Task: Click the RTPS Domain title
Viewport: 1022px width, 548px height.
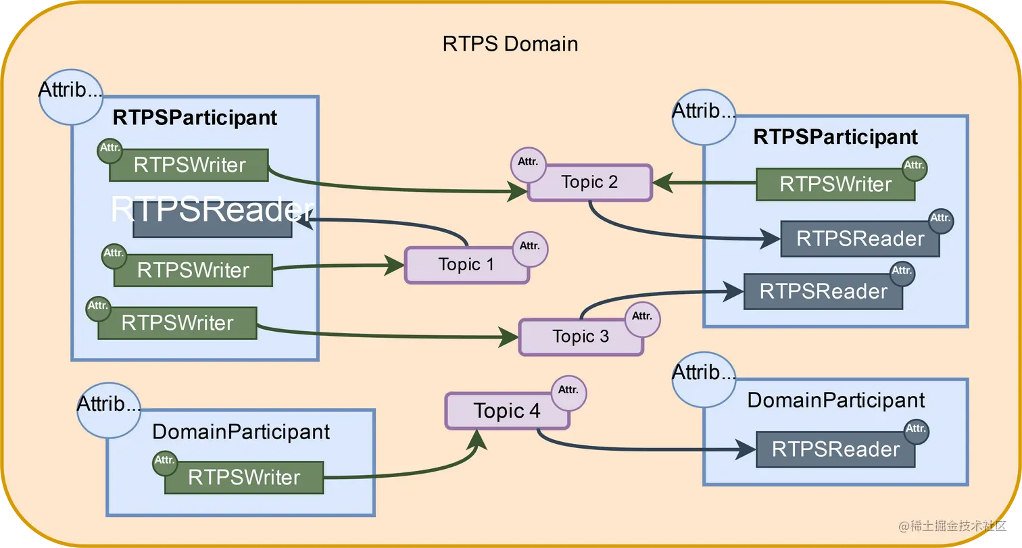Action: pos(510,45)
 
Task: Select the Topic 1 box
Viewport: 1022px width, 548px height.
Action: pos(466,265)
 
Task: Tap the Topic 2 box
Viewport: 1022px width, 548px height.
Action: pos(589,182)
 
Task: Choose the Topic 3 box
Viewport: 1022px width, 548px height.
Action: pos(581,337)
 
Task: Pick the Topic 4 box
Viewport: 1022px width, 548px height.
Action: pos(507,411)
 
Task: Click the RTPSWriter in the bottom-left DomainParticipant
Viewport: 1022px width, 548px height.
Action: pos(244,478)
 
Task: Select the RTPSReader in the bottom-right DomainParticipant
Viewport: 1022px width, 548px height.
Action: pos(835,449)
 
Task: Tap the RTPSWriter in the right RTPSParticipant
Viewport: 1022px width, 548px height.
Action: pos(835,184)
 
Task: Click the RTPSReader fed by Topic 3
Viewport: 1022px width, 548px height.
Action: pos(823,291)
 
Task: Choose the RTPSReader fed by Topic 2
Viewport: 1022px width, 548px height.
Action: pos(860,239)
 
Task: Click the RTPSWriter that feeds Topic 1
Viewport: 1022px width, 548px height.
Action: pos(193,270)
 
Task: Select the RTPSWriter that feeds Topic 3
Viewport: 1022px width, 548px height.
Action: pos(178,323)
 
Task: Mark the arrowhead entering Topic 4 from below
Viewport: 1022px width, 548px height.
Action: pos(477,440)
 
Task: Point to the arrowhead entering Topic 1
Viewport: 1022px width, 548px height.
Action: pos(394,265)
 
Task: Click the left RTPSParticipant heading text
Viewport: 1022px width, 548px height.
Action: pos(195,118)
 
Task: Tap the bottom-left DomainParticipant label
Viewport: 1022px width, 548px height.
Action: pos(241,432)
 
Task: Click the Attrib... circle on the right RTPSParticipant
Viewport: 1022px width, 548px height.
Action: pos(704,118)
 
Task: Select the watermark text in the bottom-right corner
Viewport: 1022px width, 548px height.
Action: pos(952,526)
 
